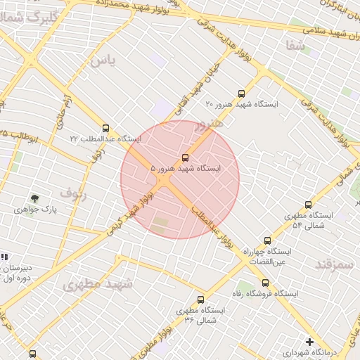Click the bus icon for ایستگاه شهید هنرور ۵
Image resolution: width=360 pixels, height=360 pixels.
pyautogui.click(x=185, y=158)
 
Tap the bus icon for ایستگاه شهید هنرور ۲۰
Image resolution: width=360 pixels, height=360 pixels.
pyautogui.click(x=242, y=94)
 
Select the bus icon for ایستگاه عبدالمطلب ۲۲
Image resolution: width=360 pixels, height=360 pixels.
pyautogui.click(x=106, y=129)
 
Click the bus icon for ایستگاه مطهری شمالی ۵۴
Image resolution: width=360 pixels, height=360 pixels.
pyautogui.click(x=308, y=205)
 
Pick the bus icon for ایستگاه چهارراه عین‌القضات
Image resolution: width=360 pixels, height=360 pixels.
pyautogui.click(x=266, y=240)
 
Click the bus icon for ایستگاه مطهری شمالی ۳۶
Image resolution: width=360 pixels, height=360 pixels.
pyautogui.click(x=201, y=300)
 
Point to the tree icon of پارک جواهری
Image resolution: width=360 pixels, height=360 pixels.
pyautogui.click(x=34, y=199)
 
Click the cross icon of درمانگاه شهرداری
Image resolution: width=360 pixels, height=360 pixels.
pyautogui.click(x=309, y=341)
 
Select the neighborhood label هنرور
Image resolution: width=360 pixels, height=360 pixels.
pyautogui.click(x=209, y=124)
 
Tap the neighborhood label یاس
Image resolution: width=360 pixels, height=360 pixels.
pyautogui.click(x=102, y=60)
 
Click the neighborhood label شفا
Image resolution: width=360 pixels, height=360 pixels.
pyautogui.click(x=295, y=45)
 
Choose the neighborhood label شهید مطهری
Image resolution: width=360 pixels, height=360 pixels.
pyautogui.click(x=98, y=284)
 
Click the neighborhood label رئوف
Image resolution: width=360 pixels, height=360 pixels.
pyautogui.click(x=73, y=193)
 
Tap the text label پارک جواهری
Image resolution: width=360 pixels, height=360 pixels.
pyautogui.click(x=39, y=210)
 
